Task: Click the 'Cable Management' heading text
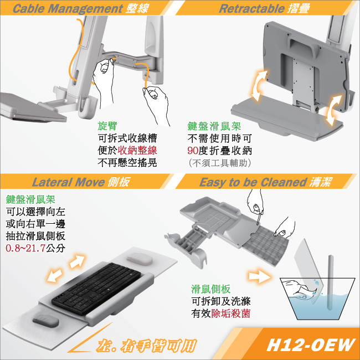(68, 8)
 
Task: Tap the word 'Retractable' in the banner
(251, 8)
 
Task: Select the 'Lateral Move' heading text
(68, 182)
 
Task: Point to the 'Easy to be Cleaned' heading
(253, 182)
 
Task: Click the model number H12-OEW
(310, 345)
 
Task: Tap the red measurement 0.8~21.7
(25, 248)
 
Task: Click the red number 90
(193, 151)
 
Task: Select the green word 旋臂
(107, 125)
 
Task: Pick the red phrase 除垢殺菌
(230, 313)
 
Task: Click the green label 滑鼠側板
(210, 289)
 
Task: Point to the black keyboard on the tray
(96, 288)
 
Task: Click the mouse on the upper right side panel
(140, 259)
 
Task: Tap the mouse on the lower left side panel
(45, 321)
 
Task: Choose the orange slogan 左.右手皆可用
(146, 346)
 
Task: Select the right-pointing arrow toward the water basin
(259, 275)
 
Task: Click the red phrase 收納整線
(137, 151)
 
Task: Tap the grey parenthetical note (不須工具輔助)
(220, 163)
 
